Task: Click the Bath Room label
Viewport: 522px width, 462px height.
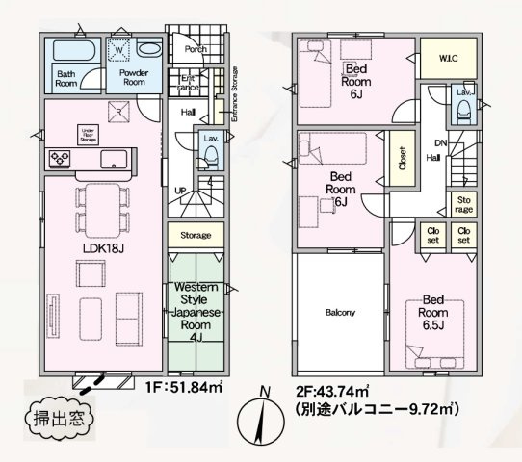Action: (65, 78)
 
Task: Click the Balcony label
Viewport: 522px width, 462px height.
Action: (339, 313)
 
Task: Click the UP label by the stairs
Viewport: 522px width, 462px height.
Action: (179, 190)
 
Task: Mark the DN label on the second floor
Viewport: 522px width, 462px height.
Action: (440, 145)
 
